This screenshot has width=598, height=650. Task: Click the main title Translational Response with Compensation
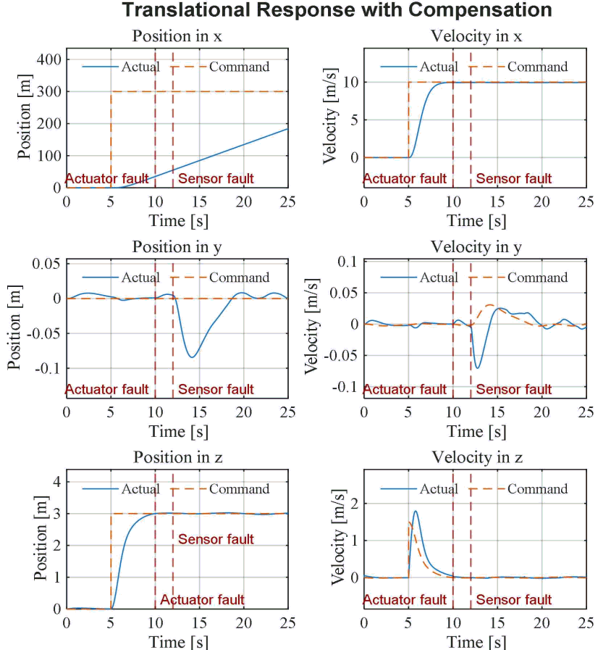(x=337, y=9)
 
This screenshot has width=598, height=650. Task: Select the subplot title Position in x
(x=177, y=36)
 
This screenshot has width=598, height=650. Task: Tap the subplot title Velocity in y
(x=476, y=247)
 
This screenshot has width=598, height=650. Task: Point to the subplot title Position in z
(x=177, y=457)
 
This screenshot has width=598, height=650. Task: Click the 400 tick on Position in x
(x=49, y=59)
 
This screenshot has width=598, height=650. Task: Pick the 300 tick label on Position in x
(x=49, y=91)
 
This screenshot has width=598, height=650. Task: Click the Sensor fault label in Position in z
(x=216, y=539)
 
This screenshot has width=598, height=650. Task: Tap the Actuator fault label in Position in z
(x=202, y=599)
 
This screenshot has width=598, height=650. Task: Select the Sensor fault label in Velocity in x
(x=513, y=179)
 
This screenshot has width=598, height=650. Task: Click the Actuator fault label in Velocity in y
(x=405, y=389)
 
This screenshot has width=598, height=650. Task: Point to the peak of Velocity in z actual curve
(x=416, y=511)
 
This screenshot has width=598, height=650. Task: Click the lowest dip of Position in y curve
(x=192, y=357)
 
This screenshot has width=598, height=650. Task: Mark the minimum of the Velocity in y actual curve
(x=478, y=367)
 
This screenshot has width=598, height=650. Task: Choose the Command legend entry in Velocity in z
(x=518, y=488)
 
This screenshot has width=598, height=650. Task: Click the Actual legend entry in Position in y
(x=121, y=278)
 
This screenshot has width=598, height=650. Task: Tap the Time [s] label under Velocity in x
(x=476, y=221)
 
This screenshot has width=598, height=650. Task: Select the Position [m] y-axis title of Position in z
(x=40, y=538)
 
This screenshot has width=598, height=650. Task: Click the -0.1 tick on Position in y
(x=48, y=368)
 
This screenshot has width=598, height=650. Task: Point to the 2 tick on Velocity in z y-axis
(x=355, y=504)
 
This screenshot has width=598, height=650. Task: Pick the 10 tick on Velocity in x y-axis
(x=351, y=82)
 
